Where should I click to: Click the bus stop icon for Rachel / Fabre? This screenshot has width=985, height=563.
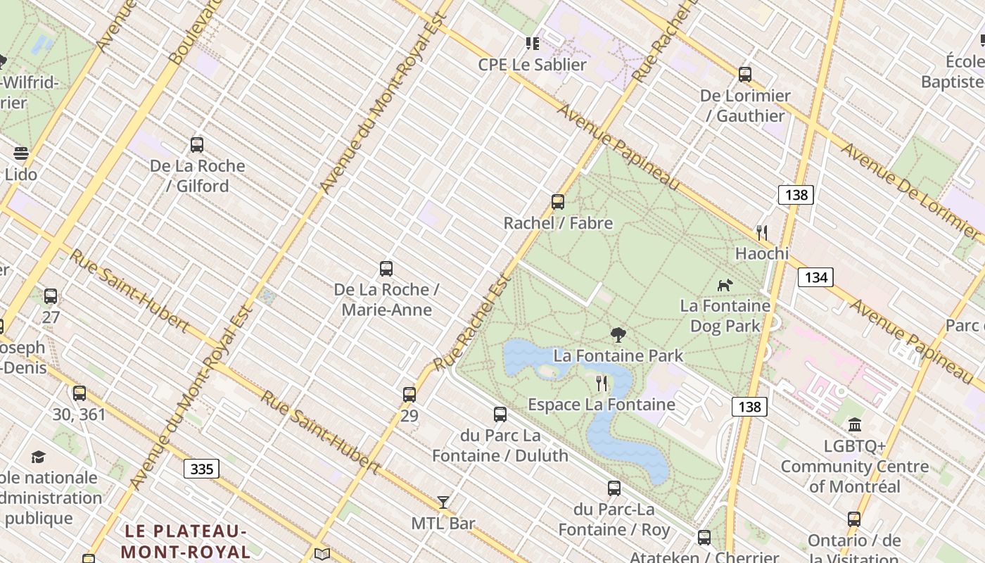pos(558,202)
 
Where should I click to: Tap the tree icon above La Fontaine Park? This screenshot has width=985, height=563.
pos(618,335)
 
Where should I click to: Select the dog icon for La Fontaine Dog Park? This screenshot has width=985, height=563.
pos(725,285)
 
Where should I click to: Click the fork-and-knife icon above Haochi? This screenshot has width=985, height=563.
pos(761,232)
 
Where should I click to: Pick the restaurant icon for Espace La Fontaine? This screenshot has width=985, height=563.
pos(602,384)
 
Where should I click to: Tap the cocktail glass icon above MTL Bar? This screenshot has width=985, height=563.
pos(443,502)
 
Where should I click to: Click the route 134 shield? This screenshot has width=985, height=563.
pos(815,277)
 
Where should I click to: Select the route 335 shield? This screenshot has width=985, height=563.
pos(202,469)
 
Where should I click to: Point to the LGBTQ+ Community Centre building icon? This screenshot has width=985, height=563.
pos(855,424)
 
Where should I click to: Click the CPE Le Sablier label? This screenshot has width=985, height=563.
pos(532,65)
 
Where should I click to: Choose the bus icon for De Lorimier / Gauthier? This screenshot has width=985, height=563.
pos(745,75)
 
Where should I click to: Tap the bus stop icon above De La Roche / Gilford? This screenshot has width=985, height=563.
pos(197,145)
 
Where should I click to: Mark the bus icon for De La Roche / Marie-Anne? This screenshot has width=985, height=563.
pos(386,269)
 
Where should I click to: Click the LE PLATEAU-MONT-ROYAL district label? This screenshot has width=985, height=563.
pos(186,540)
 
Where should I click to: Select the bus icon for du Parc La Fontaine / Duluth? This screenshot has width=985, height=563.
pos(500,415)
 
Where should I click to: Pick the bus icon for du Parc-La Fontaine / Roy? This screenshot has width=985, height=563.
pos(614,488)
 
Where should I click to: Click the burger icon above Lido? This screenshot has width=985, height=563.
pos(21,153)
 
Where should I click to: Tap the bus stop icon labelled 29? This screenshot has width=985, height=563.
pos(409,395)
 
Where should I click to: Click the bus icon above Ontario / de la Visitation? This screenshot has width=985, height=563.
pos(854,519)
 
